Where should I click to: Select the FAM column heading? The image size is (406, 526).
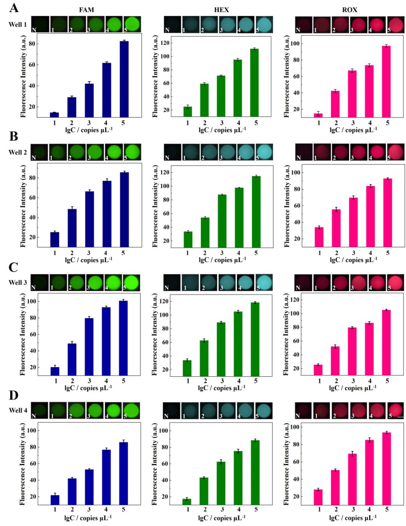pos(86,10)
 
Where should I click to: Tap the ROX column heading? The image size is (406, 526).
pos(350,10)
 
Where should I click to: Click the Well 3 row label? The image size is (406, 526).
pos(18,282)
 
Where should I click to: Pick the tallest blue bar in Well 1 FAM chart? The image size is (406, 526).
pos(124,79)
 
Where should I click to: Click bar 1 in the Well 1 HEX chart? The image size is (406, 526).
pos(188,111)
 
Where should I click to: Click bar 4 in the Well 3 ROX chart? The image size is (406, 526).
pos(370,349)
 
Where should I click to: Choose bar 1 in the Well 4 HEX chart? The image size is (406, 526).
pos(187,502)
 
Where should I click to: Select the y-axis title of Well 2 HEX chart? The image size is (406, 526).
pos(155,206)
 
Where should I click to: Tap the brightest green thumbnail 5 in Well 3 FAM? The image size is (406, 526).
pos(132,282)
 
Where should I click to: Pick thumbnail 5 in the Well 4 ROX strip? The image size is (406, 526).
pos(395,410)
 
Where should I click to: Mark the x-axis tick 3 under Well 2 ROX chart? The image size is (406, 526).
pos(354,253)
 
